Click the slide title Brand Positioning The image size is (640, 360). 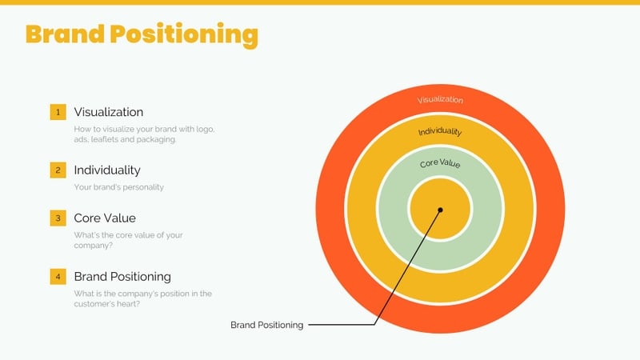(142, 34)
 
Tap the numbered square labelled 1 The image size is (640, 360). (58, 112)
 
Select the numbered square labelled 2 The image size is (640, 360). (58, 170)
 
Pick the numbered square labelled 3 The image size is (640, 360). (58, 218)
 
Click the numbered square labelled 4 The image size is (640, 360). (58, 277)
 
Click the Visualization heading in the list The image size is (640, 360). (108, 112)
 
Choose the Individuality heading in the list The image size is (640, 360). (106, 170)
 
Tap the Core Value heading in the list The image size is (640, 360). (104, 218)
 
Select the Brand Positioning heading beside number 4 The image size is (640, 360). (122, 277)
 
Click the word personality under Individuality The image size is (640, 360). (142, 187)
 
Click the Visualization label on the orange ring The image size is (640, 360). (440, 100)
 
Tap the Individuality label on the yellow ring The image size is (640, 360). (440, 131)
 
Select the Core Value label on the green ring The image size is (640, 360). (440, 163)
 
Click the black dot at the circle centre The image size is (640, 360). (440, 210)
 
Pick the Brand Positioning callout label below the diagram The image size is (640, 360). (266, 325)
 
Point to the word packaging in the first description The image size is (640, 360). (156, 139)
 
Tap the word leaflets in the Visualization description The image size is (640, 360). (103, 139)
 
